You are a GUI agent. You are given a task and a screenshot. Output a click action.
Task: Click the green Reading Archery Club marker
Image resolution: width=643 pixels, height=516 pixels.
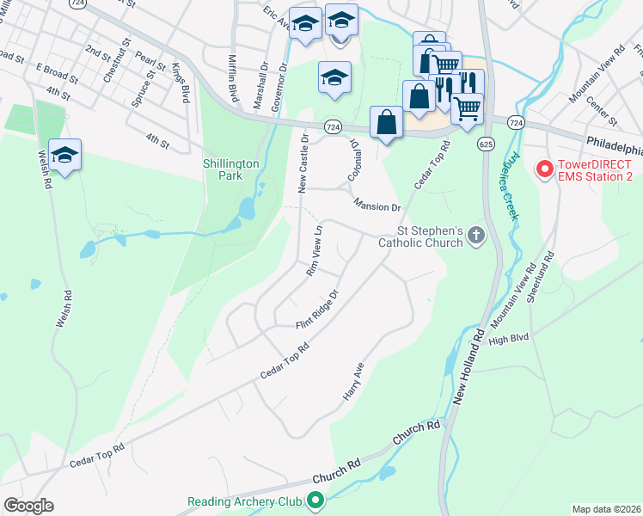pos(315,500)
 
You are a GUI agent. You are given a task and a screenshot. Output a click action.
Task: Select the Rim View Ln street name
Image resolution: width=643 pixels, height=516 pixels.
pos(314,251)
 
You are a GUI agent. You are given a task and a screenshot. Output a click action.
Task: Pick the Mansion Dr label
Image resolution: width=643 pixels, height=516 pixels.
pos(377,206)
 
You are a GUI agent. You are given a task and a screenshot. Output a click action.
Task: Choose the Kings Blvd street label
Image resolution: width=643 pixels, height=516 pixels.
pos(181,83)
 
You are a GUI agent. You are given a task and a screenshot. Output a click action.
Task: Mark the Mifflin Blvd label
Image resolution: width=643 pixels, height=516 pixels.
pos(231,75)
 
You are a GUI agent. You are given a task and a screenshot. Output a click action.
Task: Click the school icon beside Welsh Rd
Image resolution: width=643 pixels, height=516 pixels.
pos(64,156)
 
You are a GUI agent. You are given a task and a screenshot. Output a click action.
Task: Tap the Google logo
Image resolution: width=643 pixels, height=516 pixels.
pos(28,506)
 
